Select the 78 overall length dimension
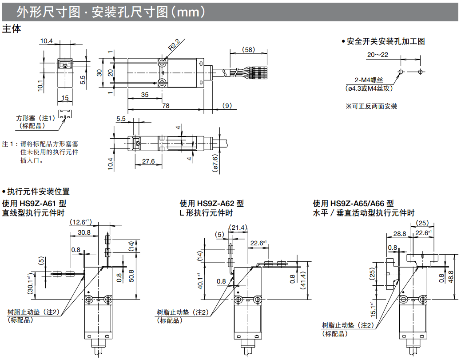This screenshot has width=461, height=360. pyautogui.click(x=165, y=105)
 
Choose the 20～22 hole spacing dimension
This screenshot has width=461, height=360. pyautogui.click(x=378, y=55)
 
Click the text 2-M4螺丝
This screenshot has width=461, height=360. pyautogui.click(x=369, y=80)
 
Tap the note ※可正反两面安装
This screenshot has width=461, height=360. pyautogui.click(x=371, y=106)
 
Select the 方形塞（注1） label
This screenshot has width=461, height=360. pyautogui.click(x=36, y=118)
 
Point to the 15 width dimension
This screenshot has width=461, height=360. pyautogui.click(x=65, y=98)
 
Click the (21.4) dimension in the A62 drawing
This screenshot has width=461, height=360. pyautogui.click(x=237, y=228)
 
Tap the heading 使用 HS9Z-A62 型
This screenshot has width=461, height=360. pyautogui.click(x=211, y=204)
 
